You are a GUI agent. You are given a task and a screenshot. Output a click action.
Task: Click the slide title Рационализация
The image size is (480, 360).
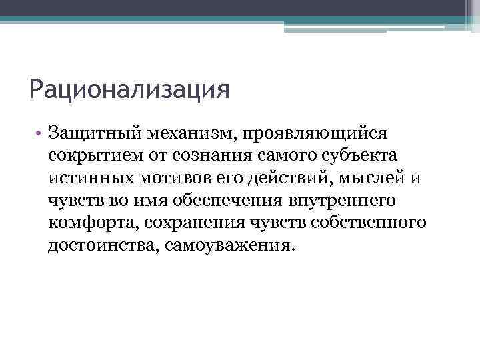(129, 89)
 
